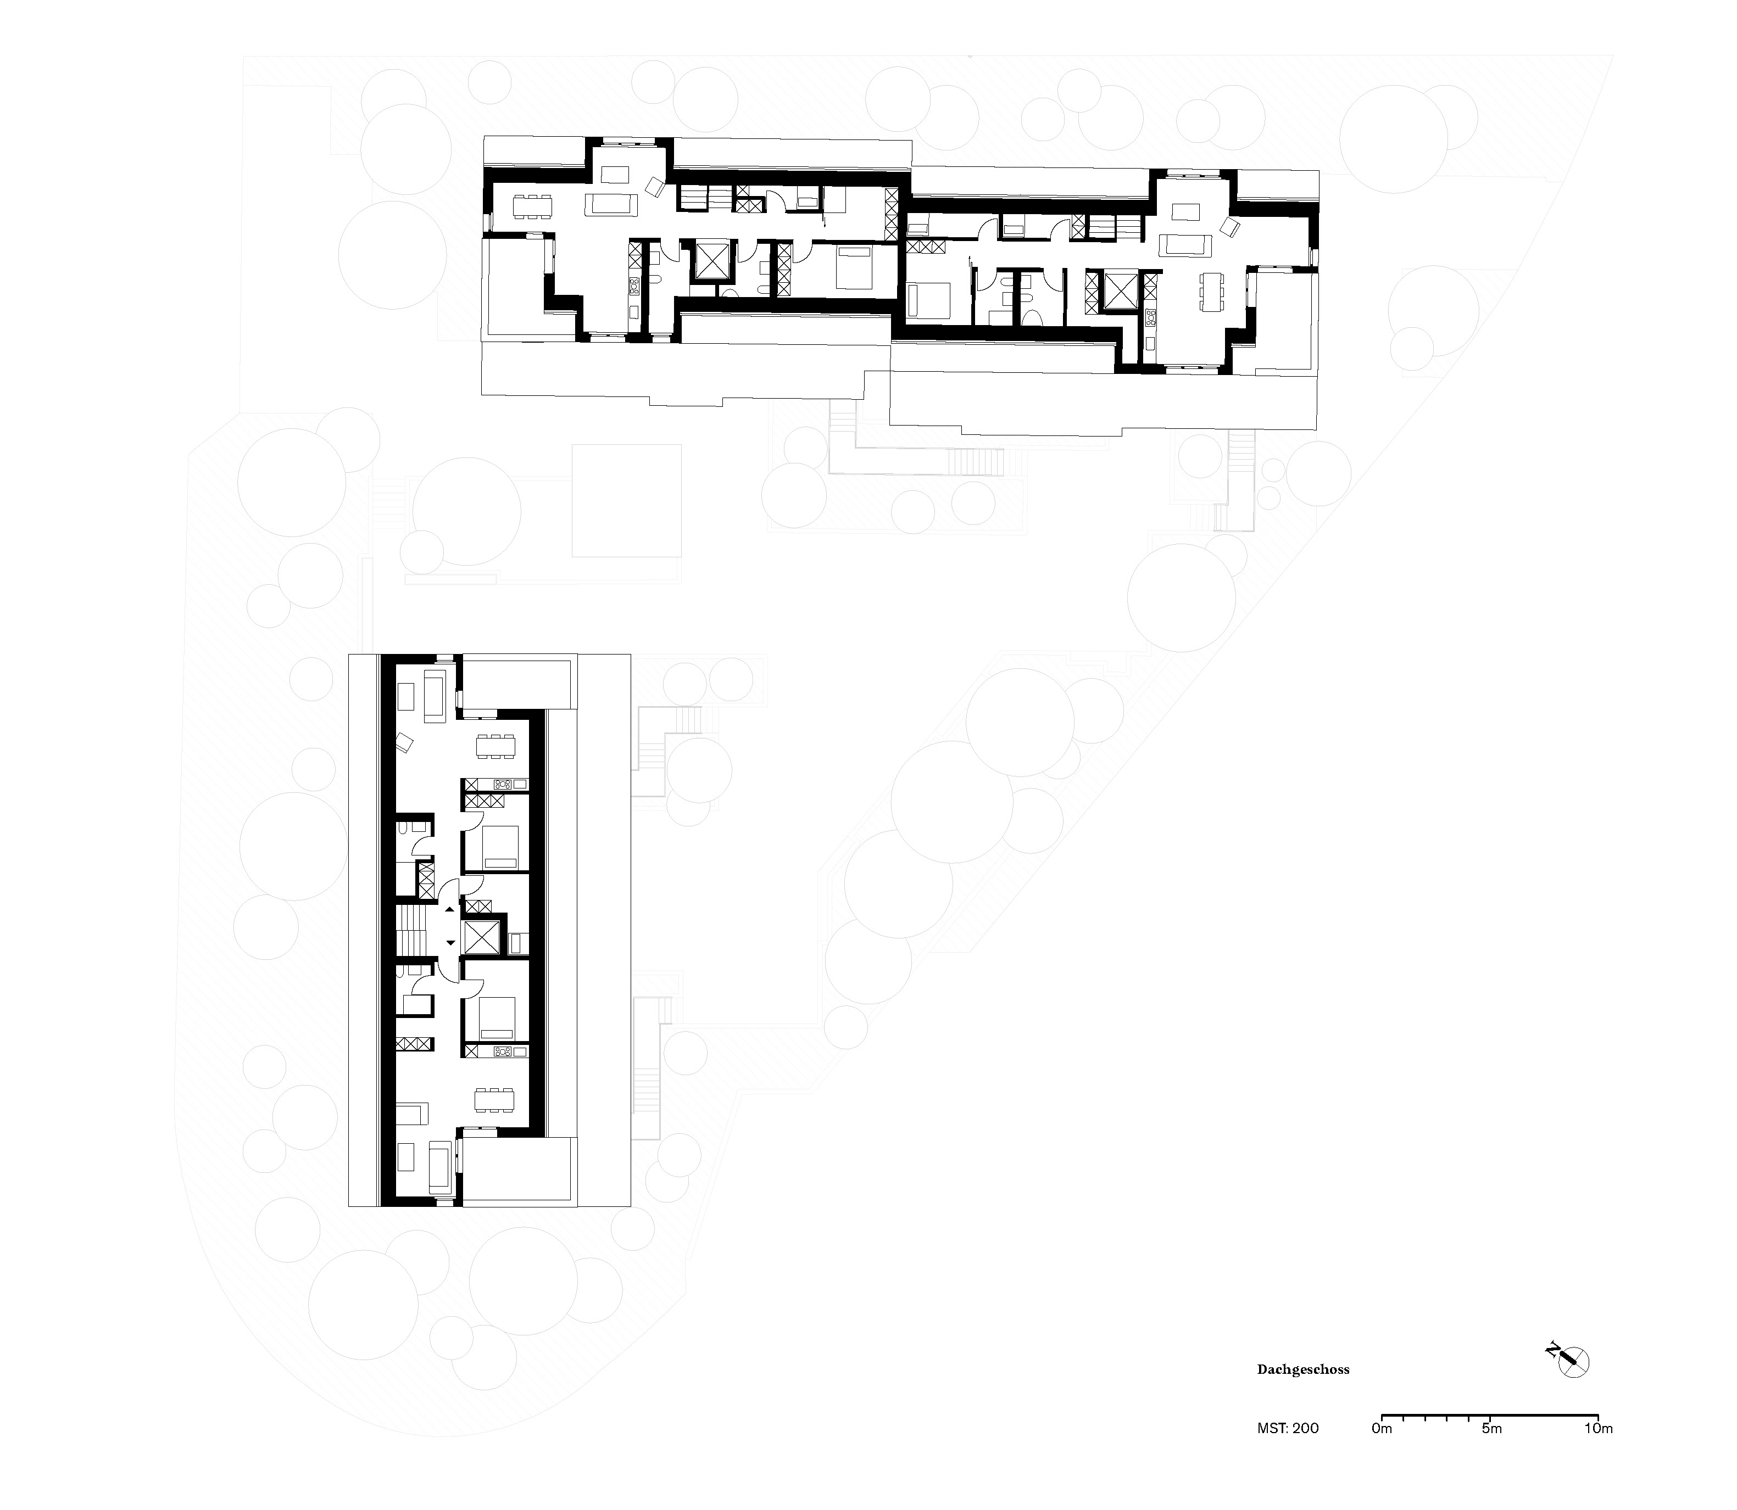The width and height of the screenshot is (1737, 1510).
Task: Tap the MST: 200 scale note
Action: [x=1288, y=1428]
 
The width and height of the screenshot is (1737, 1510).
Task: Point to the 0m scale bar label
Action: [x=1382, y=1428]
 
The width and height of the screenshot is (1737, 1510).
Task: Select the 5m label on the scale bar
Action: [x=1491, y=1428]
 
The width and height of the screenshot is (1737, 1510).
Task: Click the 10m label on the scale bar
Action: [x=1598, y=1428]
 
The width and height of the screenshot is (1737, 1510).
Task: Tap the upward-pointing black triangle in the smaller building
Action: [x=450, y=910]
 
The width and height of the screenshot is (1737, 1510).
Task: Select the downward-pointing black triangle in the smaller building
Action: [x=450, y=942]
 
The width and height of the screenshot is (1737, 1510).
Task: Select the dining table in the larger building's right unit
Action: [x=1211, y=293]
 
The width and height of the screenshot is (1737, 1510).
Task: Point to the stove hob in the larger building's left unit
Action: [x=634, y=287]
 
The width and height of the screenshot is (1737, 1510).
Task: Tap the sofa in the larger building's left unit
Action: [x=611, y=203]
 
